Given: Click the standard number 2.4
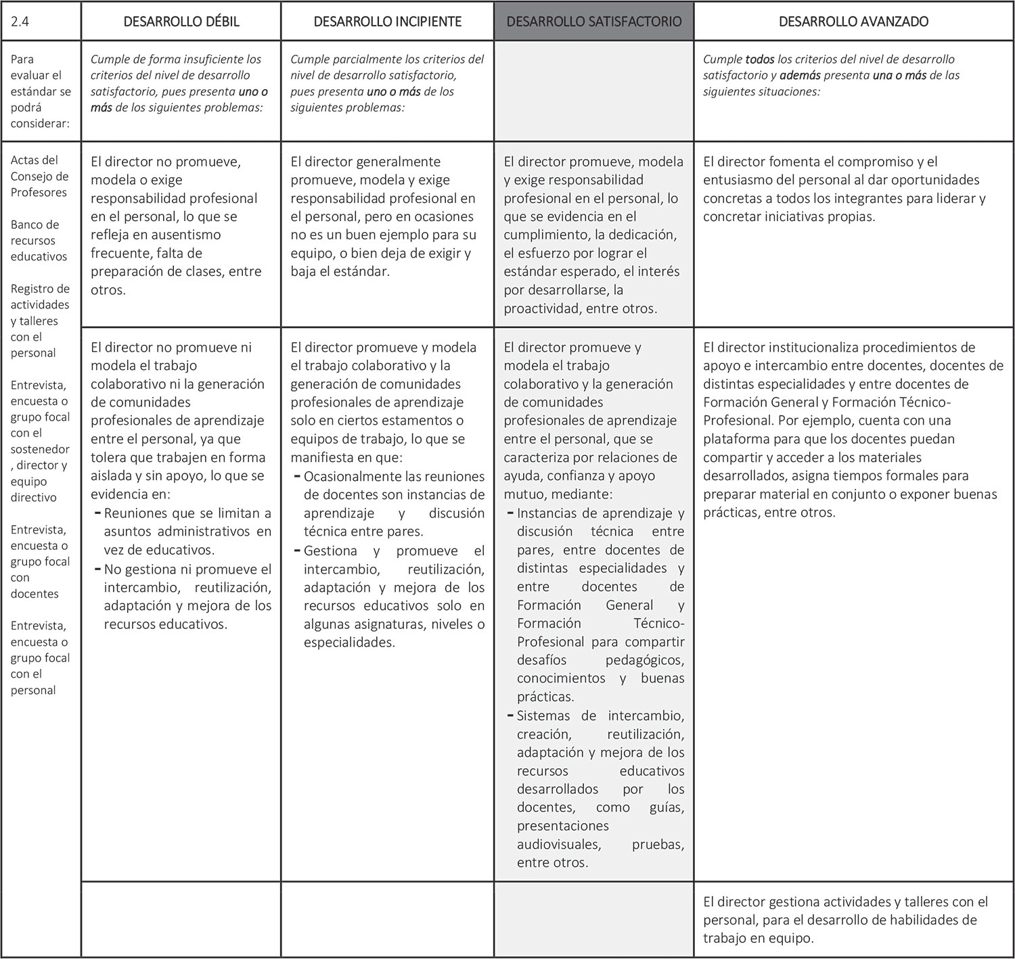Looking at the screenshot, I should point(20,21).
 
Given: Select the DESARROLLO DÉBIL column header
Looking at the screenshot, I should point(181,21).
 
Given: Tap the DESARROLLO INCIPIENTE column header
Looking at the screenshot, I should point(387,21).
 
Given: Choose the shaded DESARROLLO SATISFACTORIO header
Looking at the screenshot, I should point(593,21).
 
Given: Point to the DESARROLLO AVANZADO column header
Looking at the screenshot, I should point(853,21).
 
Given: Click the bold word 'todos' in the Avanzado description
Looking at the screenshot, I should point(760,60).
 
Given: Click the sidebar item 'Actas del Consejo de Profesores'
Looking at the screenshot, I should point(39,177).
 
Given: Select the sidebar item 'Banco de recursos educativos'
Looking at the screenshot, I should point(39,241).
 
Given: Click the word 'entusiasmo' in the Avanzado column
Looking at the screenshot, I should point(737,180).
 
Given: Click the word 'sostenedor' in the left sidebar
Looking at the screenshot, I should point(40,449).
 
